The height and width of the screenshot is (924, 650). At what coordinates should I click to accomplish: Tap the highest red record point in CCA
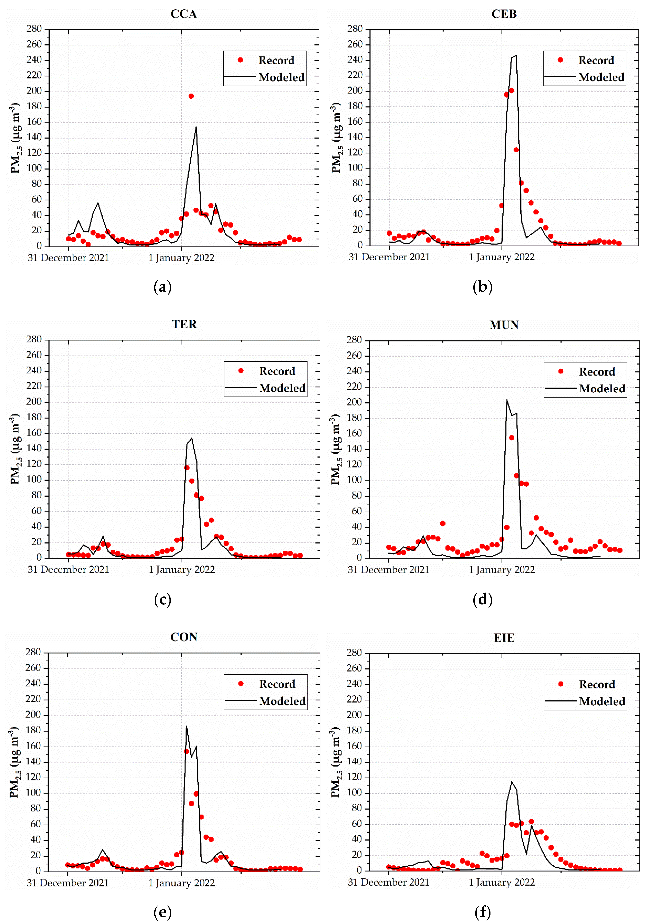pos(191,96)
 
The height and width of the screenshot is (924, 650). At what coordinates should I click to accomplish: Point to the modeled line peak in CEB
pos(516,56)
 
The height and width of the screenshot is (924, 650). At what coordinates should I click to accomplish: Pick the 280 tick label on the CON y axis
pos(33,652)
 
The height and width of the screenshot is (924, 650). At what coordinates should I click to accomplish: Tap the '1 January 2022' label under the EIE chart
pos(502,882)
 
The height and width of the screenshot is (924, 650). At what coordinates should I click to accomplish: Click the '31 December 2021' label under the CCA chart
pos(68,258)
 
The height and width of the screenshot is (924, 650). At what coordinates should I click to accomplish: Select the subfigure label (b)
pos(482,287)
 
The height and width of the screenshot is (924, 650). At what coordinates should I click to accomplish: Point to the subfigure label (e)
pos(163,912)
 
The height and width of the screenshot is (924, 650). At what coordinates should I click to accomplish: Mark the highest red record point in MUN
pos(511,438)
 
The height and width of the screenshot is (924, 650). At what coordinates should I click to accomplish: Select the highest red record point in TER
pos(187,468)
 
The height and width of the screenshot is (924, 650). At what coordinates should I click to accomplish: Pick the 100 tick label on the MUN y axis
pos(354,480)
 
